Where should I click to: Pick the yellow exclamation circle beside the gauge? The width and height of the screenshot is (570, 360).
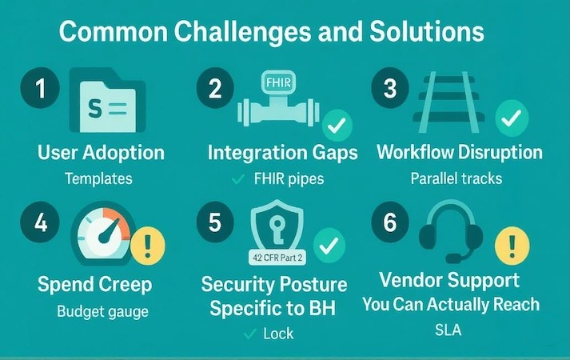pyautogui.click(x=147, y=243)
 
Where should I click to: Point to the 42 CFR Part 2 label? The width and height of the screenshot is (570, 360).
pyautogui.click(x=279, y=258)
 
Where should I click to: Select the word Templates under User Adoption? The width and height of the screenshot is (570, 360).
pyautogui.click(x=98, y=178)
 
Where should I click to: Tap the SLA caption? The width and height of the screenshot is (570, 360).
pyautogui.click(x=449, y=330)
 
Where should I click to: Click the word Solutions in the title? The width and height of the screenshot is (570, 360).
pyautogui.click(x=424, y=34)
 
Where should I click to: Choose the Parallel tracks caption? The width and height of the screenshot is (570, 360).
pyautogui.click(x=456, y=178)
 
